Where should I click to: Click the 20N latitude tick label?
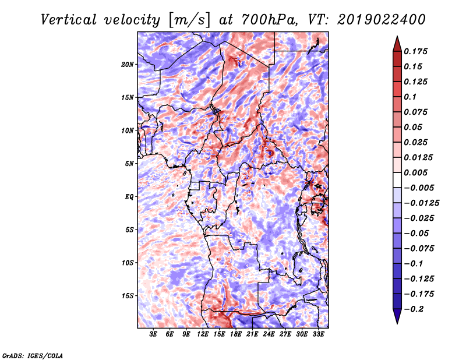pyautogui.click(x=127, y=64)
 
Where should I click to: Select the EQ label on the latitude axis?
pyautogui.click(x=129, y=197)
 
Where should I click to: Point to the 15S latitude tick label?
pyautogui.click(x=127, y=296)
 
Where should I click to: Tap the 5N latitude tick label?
pyautogui.click(x=129, y=164)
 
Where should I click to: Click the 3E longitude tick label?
pyautogui.click(x=153, y=334)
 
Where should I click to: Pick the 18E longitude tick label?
pyautogui.click(x=236, y=334)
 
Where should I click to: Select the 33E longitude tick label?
pyautogui.click(x=318, y=334)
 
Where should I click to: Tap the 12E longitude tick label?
pyautogui.click(x=203, y=334)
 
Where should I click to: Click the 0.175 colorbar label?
pyautogui.click(x=415, y=51)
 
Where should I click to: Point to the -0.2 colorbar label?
pyautogui.click(x=414, y=309)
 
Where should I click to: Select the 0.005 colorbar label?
pyautogui.click(x=415, y=172)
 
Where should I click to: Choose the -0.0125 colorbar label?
pyautogui.click(x=421, y=203)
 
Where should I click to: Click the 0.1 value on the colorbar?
pyautogui.click(x=410, y=97)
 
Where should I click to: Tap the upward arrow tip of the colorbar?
pyautogui.click(x=397, y=36)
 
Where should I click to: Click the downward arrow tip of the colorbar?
pyautogui.click(x=397, y=323)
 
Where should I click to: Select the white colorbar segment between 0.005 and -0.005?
pyautogui.click(x=397, y=180)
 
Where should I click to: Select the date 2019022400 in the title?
pyautogui.click(x=382, y=20)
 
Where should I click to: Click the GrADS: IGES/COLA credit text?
pyautogui.click(x=33, y=355)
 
